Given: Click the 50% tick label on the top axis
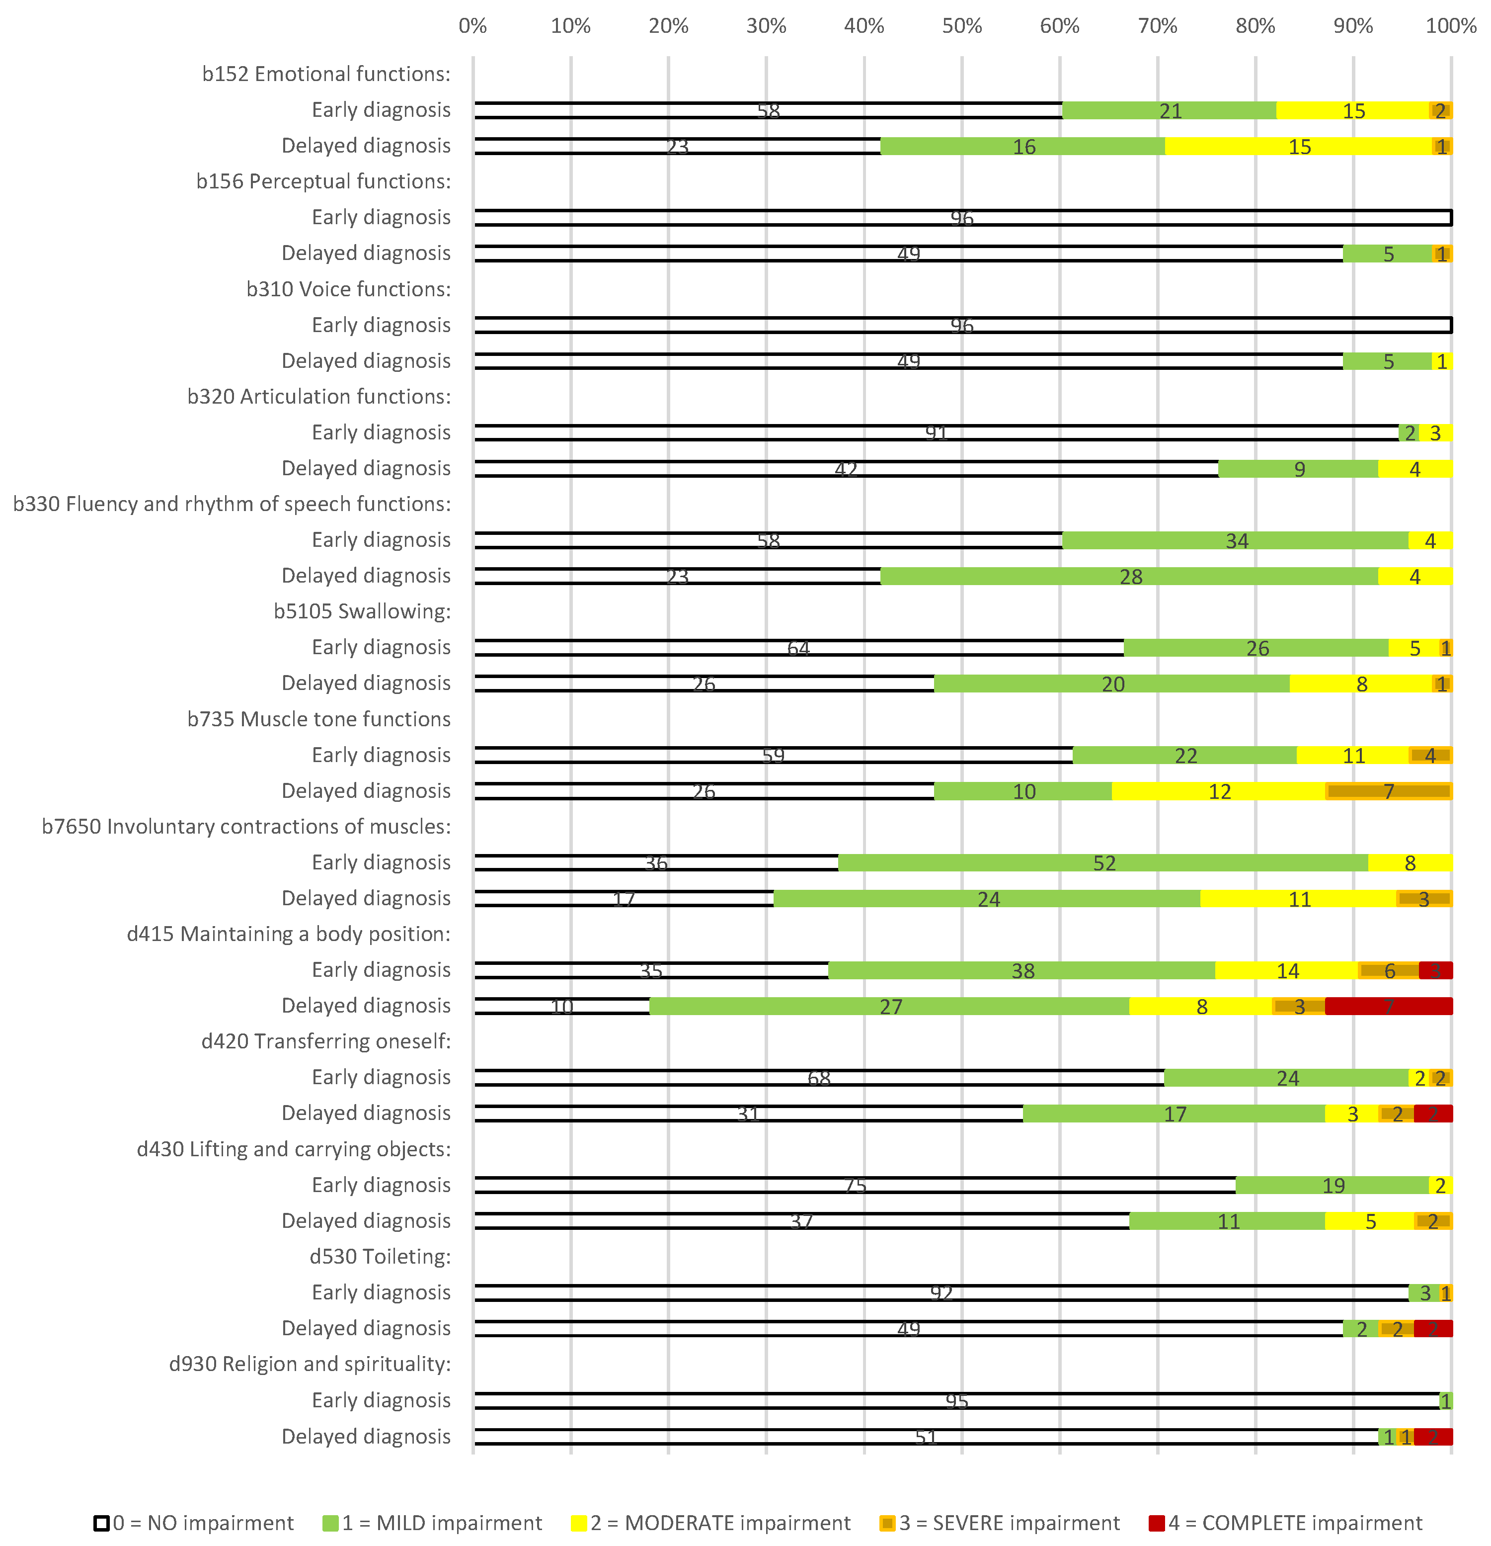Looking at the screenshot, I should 961,26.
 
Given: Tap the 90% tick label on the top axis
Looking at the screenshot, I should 1353,26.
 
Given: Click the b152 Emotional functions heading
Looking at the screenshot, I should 325,74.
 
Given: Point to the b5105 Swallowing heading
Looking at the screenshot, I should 362,611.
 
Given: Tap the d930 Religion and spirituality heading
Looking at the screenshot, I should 310,1364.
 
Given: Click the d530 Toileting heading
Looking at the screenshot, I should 380,1257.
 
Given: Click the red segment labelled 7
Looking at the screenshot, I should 1389,1007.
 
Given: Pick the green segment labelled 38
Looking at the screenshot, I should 1022,971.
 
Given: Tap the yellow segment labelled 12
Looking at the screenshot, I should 1219,791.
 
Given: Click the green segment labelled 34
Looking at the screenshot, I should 1236,541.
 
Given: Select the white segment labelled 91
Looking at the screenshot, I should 936,433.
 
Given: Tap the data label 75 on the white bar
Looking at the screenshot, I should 856,1186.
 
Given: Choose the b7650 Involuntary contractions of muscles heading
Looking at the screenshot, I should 246,827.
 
